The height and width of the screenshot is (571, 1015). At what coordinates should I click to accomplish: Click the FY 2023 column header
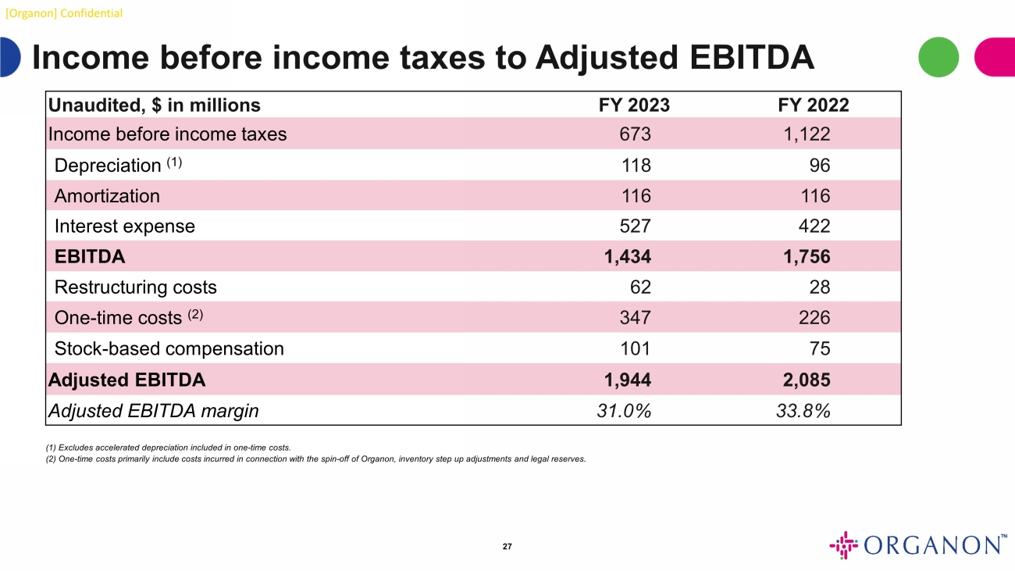click(629, 105)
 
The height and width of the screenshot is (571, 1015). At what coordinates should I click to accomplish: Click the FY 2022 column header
click(808, 105)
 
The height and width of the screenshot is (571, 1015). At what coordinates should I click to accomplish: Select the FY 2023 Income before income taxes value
click(635, 134)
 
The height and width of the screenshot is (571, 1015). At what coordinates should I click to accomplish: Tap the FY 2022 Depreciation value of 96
click(819, 165)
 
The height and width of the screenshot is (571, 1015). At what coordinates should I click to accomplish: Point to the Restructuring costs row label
click(135, 287)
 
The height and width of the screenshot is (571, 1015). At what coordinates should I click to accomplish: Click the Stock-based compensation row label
click(169, 348)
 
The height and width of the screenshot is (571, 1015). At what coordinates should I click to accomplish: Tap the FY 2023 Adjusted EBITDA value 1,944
click(627, 380)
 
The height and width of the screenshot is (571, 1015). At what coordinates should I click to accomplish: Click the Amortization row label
click(107, 196)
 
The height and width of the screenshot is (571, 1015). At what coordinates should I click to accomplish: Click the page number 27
click(507, 546)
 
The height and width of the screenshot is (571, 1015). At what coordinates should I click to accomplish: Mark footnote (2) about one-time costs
click(316, 459)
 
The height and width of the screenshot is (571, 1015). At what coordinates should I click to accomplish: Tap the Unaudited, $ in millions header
click(155, 105)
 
